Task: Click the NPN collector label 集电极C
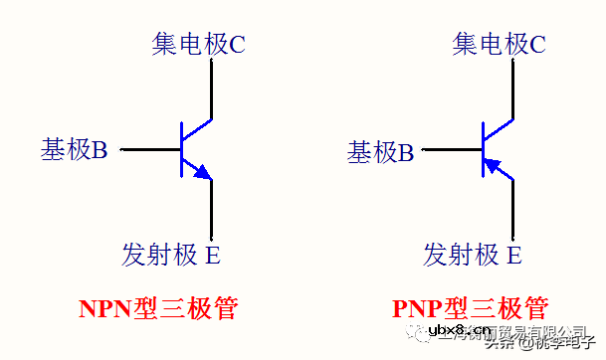(198, 44)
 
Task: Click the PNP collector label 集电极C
(499, 44)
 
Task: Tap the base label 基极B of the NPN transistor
(74, 150)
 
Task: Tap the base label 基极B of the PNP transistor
(379, 152)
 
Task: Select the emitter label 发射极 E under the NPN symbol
(171, 255)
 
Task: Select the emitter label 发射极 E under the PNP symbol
(472, 255)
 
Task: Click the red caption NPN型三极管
(158, 307)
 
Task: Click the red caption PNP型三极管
(470, 307)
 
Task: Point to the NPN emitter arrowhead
(204, 173)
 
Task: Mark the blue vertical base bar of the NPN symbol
(181, 150)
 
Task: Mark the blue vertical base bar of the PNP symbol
(483, 150)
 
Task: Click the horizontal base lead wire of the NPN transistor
(149, 150)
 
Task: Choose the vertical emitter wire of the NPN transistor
(213, 209)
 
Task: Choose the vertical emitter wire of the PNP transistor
(513, 209)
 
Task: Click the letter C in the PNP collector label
(537, 44)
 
